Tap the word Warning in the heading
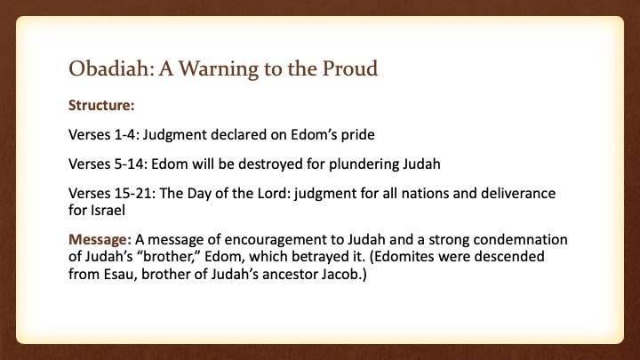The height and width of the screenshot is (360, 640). (219, 69)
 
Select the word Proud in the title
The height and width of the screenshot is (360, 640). (350, 68)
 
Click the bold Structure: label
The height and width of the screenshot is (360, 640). (101, 105)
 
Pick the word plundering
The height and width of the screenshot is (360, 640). (364, 164)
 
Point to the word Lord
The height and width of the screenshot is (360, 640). (275, 193)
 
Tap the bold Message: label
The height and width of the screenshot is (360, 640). (100, 239)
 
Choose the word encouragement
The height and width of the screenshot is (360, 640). (284, 240)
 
